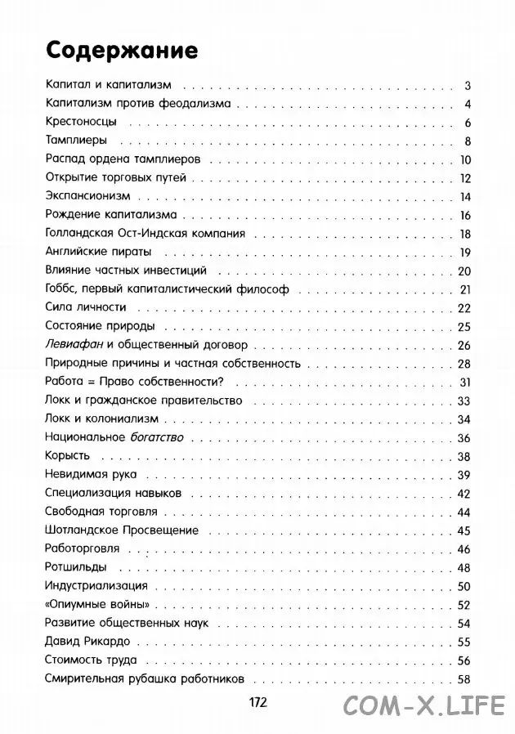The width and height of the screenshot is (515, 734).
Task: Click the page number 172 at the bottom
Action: (257, 701)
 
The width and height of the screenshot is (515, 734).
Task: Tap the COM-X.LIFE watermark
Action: (428, 704)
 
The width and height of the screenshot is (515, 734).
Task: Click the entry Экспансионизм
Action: (84, 196)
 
